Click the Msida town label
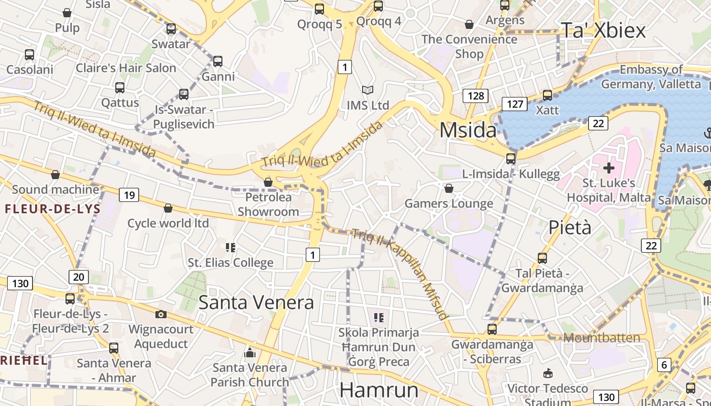(x=468, y=130)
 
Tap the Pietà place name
(x=570, y=228)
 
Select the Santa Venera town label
(x=256, y=302)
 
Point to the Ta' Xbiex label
(x=603, y=30)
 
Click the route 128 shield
(x=475, y=95)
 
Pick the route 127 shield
(x=514, y=104)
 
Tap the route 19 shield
(x=129, y=194)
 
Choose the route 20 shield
(x=79, y=277)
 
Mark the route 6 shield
(x=664, y=364)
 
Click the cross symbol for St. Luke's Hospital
(x=609, y=167)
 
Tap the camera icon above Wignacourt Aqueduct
(x=161, y=314)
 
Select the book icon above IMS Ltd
(x=368, y=90)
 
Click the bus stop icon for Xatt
(x=547, y=95)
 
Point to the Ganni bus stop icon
(x=218, y=61)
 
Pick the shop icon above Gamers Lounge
(x=448, y=189)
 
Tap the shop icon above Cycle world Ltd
(x=168, y=208)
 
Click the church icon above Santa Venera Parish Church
(x=249, y=352)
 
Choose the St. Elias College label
(x=231, y=262)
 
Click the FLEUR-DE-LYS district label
(x=53, y=209)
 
